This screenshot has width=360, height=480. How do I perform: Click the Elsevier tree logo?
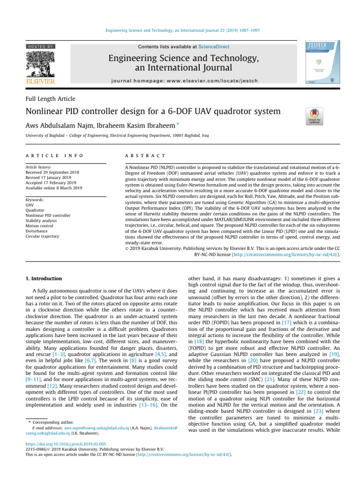[x=40, y=66]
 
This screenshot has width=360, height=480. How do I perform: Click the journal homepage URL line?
[x=183, y=81]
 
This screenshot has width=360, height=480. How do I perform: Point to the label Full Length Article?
[x=50, y=99]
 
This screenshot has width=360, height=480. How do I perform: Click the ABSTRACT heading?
[x=144, y=155]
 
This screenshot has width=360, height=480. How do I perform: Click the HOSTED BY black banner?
[x=40, y=46]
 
